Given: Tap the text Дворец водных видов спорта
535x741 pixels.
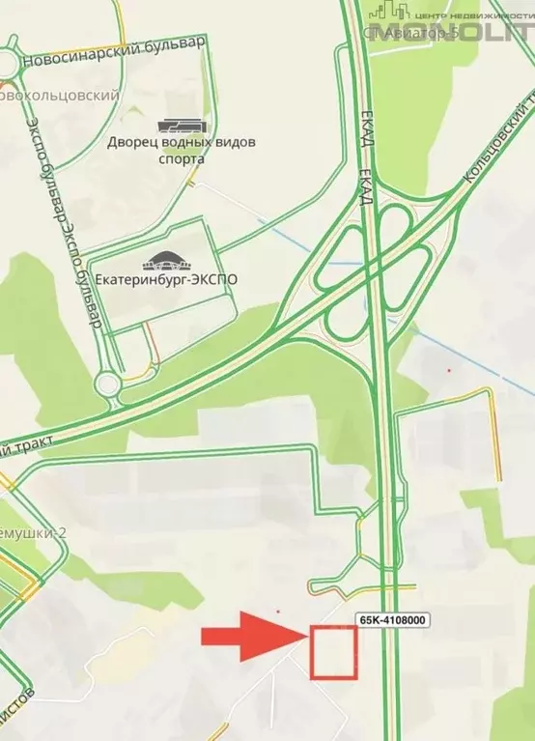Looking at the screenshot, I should pyautogui.click(x=182, y=151).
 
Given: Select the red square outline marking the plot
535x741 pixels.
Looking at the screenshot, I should pyautogui.click(x=330, y=652).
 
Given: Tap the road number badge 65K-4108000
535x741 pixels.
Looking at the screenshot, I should pyautogui.click(x=394, y=621).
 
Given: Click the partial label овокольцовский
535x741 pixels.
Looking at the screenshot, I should pyautogui.click(x=59, y=96).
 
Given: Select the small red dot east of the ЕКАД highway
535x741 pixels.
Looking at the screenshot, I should pyautogui.click(x=448, y=370).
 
